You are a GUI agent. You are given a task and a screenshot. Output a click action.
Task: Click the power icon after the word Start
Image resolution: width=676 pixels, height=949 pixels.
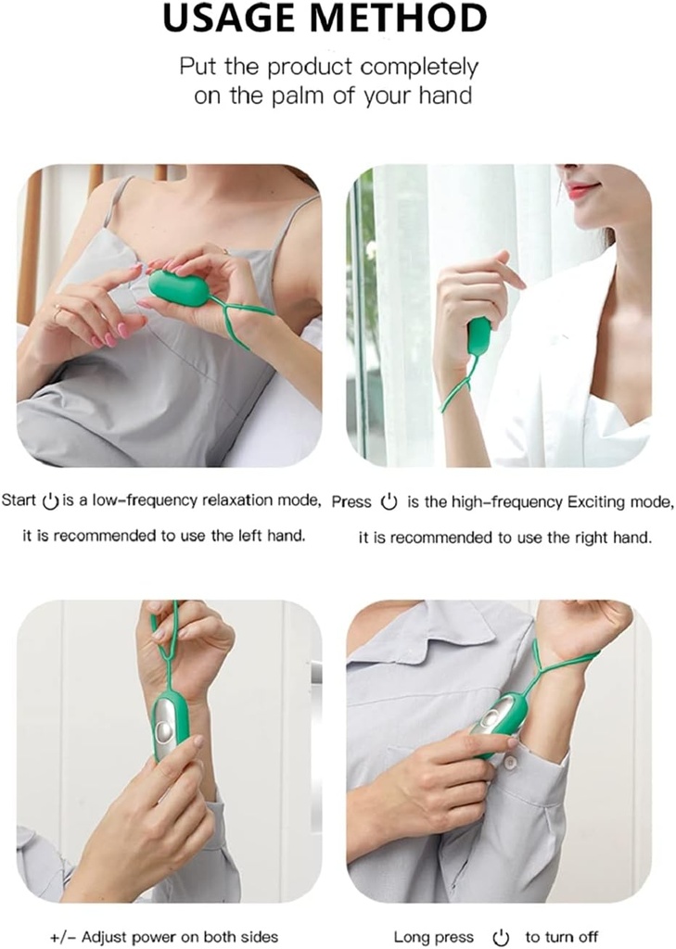(50, 501)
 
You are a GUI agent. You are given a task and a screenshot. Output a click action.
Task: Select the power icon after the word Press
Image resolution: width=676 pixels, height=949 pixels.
(389, 502)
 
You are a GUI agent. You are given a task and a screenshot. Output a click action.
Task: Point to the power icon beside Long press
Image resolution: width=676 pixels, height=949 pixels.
(501, 937)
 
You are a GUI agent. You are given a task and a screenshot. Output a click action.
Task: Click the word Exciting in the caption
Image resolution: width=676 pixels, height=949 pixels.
(594, 502)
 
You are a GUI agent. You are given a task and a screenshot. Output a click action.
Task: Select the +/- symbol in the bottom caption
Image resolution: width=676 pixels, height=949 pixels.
(64, 938)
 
